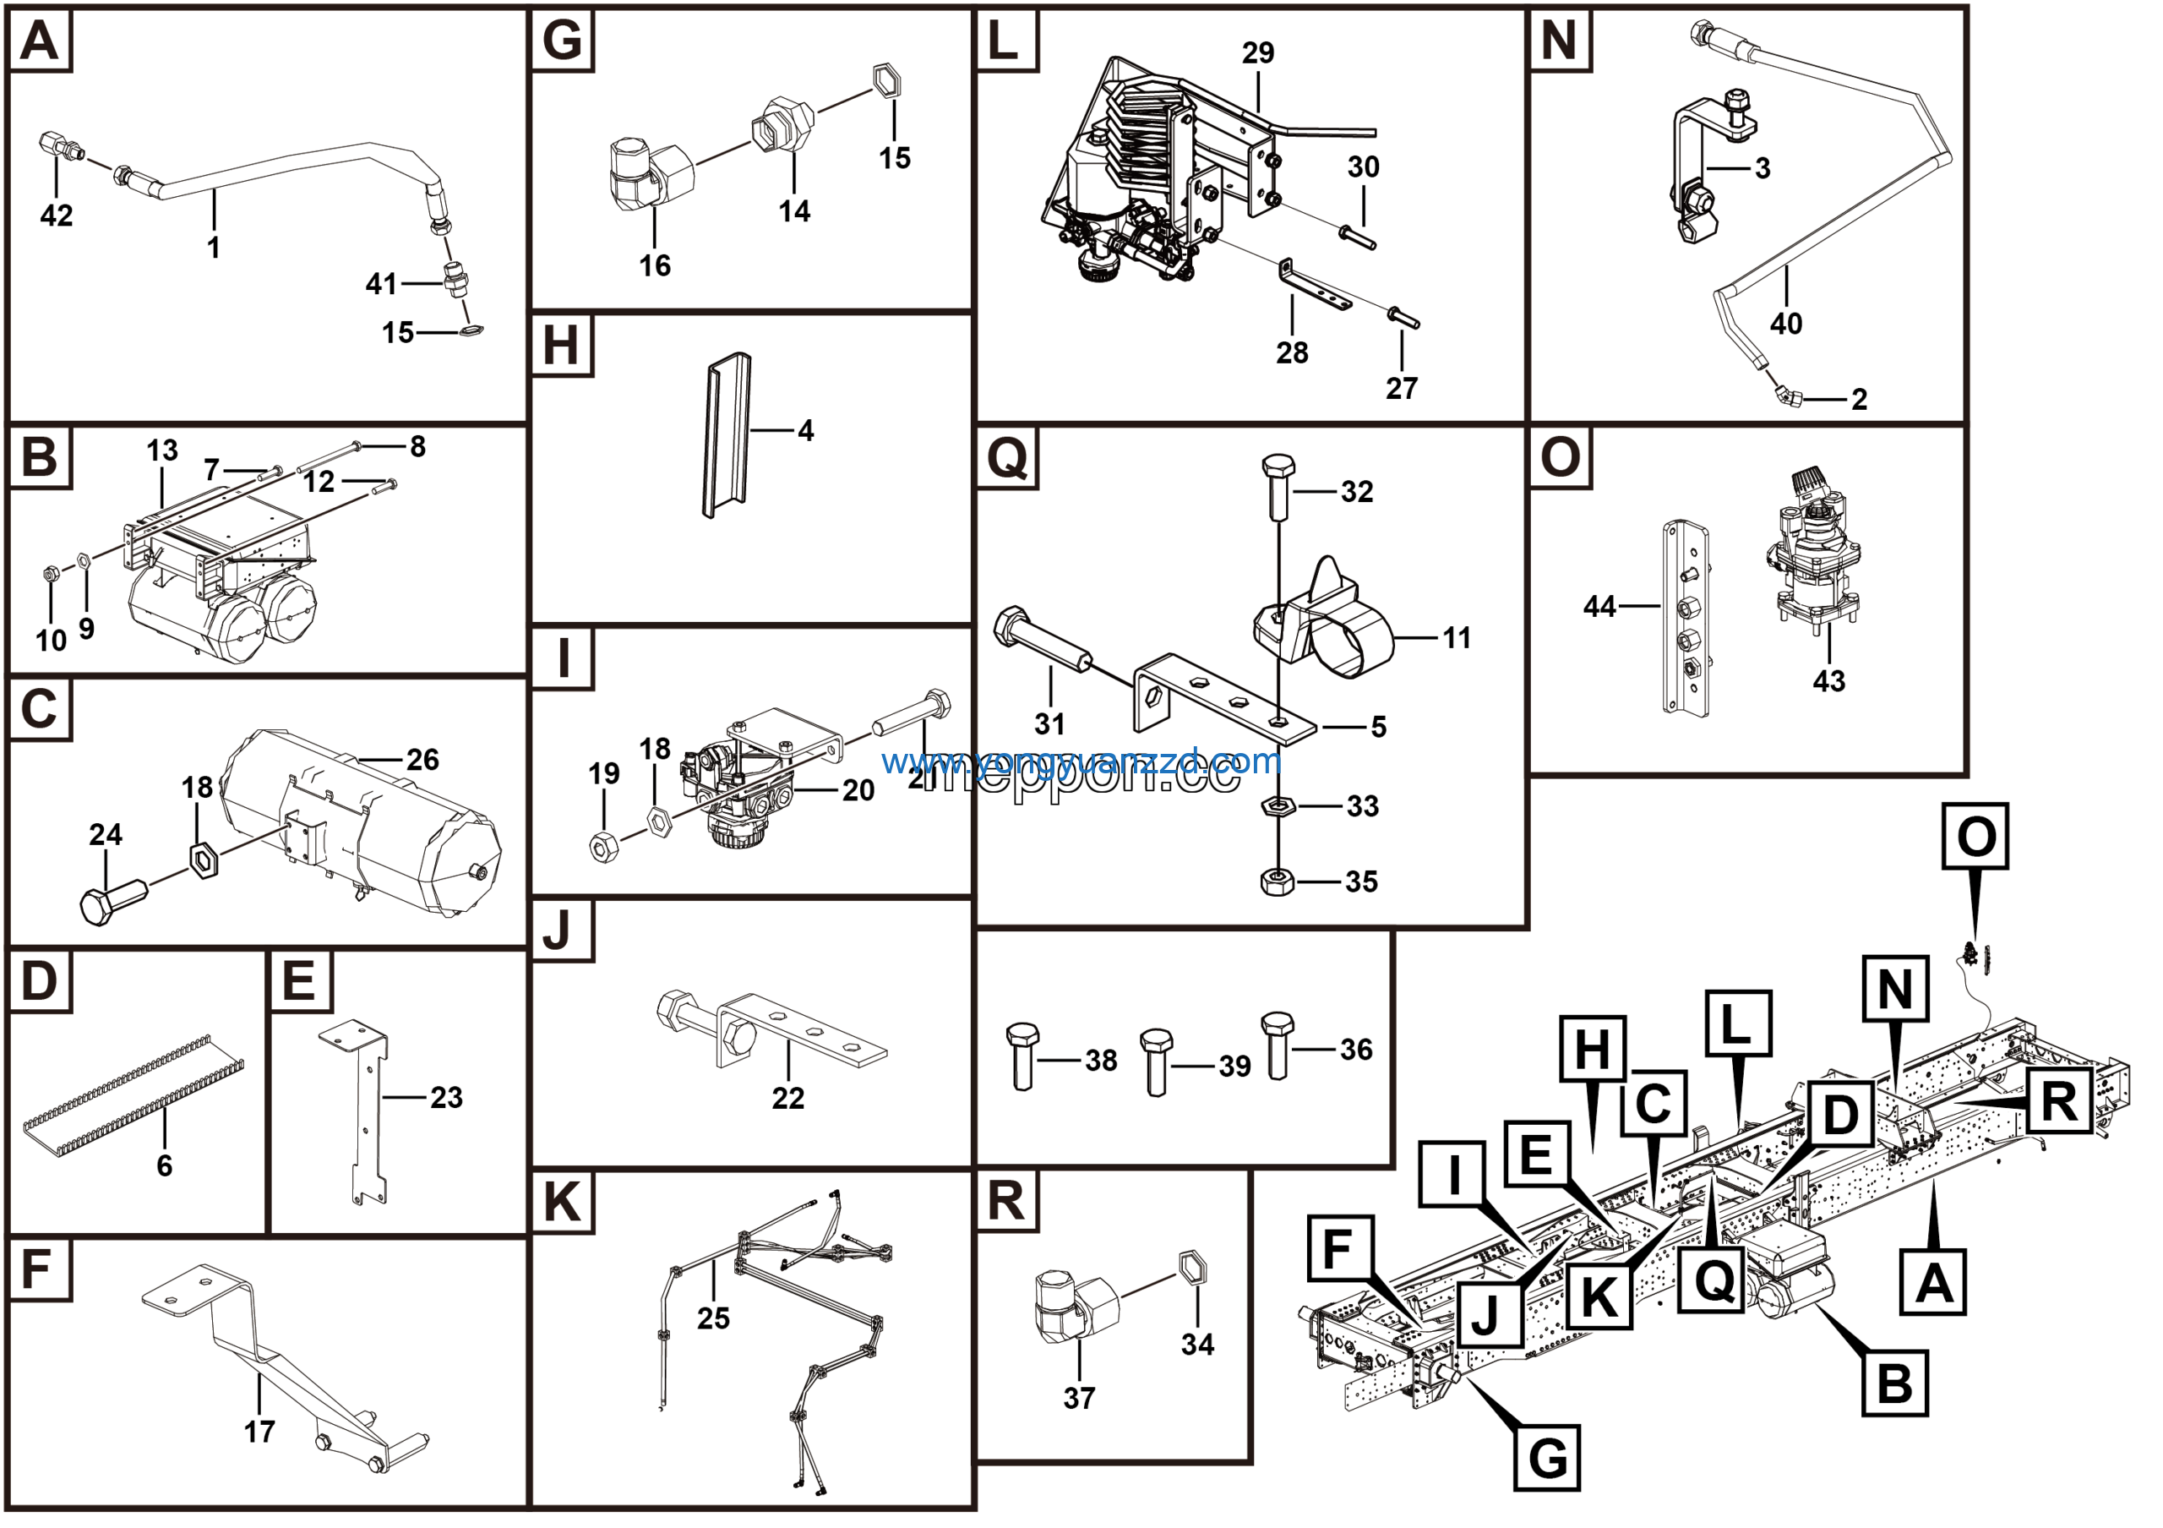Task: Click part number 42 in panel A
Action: [x=57, y=216]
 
